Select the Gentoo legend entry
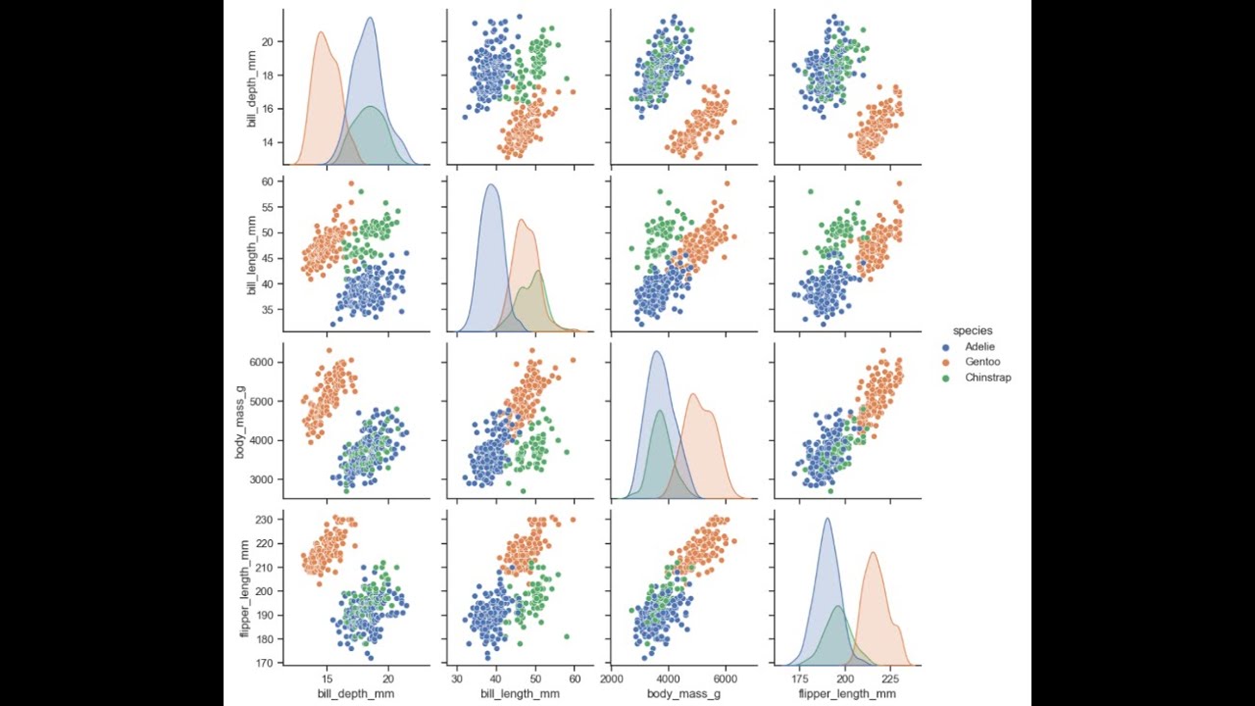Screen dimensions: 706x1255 tap(981, 362)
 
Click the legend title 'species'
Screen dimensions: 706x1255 tap(973, 330)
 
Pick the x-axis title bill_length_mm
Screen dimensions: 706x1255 tap(520, 694)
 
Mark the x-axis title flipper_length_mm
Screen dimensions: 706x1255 tap(847, 694)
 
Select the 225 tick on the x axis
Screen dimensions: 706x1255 tap(890, 678)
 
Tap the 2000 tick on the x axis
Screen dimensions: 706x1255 tap(612, 678)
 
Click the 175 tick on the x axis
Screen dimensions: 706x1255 tap(801, 678)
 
